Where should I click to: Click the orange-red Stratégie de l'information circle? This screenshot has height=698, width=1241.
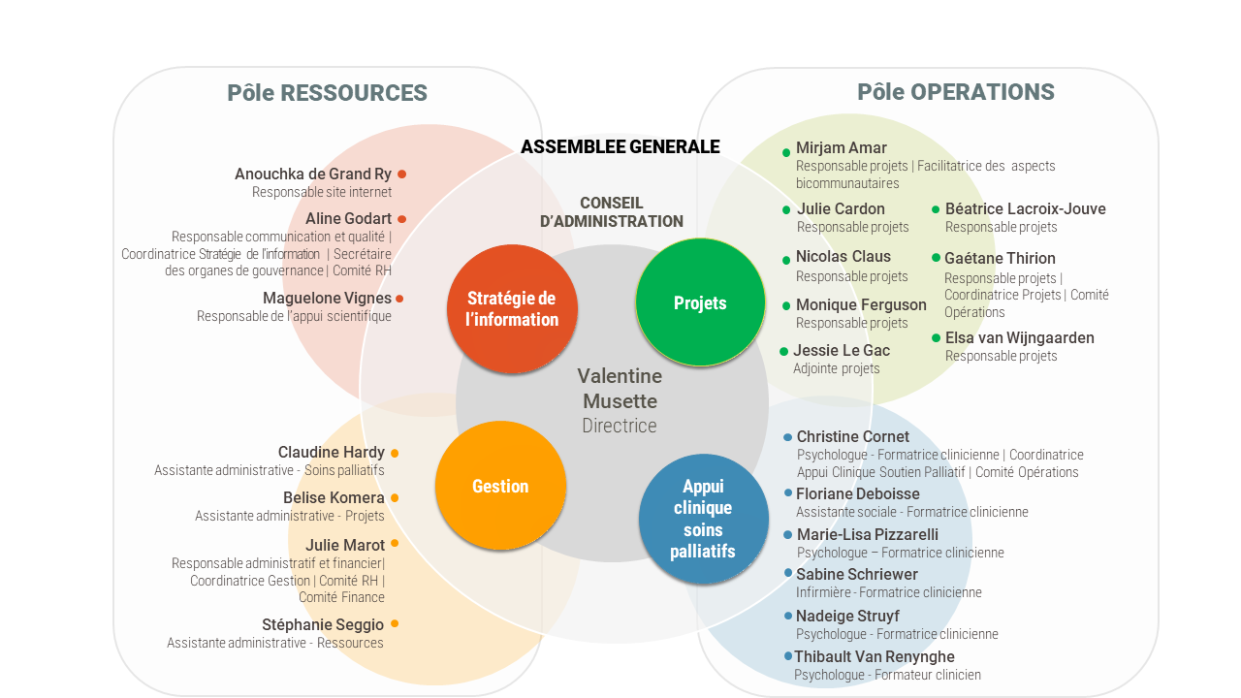tap(512, 308)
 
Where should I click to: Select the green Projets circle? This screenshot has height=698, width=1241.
tap(700, 302)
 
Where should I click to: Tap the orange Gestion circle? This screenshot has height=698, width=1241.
tap(500, 486)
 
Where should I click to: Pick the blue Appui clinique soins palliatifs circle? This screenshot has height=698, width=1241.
tap(703, 519)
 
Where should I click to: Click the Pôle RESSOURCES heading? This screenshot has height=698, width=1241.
tap(327, 92)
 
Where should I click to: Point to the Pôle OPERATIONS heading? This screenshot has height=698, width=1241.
tap(956, 92)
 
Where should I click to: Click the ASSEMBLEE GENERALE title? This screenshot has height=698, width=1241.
tap(620, 146)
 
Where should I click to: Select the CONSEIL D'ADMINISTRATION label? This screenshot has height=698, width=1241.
tap(612, 211)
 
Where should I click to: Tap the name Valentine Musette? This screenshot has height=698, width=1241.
tap(620, 389)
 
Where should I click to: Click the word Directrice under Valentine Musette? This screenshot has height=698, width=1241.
tap(620, 426)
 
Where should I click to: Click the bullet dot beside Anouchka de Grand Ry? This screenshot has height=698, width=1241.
tap(402, 174)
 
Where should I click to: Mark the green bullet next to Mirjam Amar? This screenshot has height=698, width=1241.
tap(786, 152)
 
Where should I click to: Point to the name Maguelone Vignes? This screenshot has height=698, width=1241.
tap(327, 298)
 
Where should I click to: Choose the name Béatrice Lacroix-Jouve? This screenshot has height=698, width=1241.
tap(1026, 208)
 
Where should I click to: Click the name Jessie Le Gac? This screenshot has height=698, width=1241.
tap(842, 350)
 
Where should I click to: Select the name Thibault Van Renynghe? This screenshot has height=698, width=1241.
tap(875, 656)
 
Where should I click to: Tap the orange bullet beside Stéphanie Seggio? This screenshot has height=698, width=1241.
tap(395, 623)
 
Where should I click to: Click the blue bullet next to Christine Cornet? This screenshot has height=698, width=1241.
tap(788, 437)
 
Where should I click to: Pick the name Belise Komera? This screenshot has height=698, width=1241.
tap(334, 497)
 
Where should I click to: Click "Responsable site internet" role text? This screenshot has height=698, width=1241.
tap(322, 192)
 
